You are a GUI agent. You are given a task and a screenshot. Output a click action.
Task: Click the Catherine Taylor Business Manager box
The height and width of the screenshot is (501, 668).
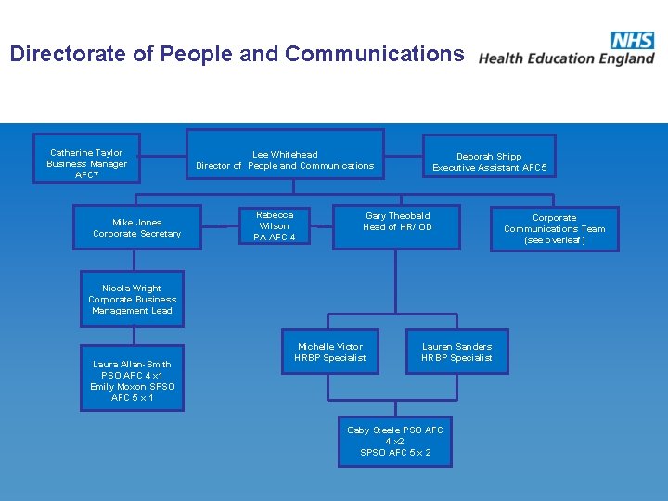[x=87, y=163]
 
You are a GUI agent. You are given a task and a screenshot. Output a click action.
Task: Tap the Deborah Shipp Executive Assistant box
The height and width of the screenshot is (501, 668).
[x=489, y=161]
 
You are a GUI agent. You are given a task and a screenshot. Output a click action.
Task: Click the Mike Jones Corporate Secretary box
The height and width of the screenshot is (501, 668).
[x=136, y=227]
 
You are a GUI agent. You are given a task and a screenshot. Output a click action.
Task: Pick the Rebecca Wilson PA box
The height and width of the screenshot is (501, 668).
[x=274, y=225]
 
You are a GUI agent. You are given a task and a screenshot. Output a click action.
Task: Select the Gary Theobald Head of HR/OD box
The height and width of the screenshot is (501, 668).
[x=397, y=225]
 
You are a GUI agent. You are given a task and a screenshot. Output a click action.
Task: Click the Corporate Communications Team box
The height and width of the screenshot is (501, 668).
[x=554, y=228]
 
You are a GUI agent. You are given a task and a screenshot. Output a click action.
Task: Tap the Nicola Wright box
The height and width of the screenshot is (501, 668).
[x=132, y=299]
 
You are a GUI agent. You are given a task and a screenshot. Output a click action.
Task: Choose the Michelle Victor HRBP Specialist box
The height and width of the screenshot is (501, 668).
[x=330, y=352]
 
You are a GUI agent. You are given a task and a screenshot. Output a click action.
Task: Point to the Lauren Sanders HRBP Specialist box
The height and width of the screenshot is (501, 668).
[x=456, y=352]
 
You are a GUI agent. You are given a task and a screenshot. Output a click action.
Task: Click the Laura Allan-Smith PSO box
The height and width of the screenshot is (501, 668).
[x=132, y=380]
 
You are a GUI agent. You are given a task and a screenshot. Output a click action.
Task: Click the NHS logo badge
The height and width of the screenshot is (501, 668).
[x=632, y=40]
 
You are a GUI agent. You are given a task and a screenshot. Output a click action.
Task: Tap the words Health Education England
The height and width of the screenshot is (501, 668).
[x=566, y=58]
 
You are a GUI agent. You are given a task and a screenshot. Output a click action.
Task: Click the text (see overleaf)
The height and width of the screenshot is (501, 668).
[x=554, y=240]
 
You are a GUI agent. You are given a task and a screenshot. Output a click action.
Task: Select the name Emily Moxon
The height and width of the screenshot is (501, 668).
[x=118, y=387]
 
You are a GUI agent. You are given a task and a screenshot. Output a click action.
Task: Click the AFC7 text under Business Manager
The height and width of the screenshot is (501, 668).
[x=87, y=175]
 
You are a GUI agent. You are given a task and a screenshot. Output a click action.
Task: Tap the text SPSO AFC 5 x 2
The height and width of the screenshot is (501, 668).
[x=395, y=453]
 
